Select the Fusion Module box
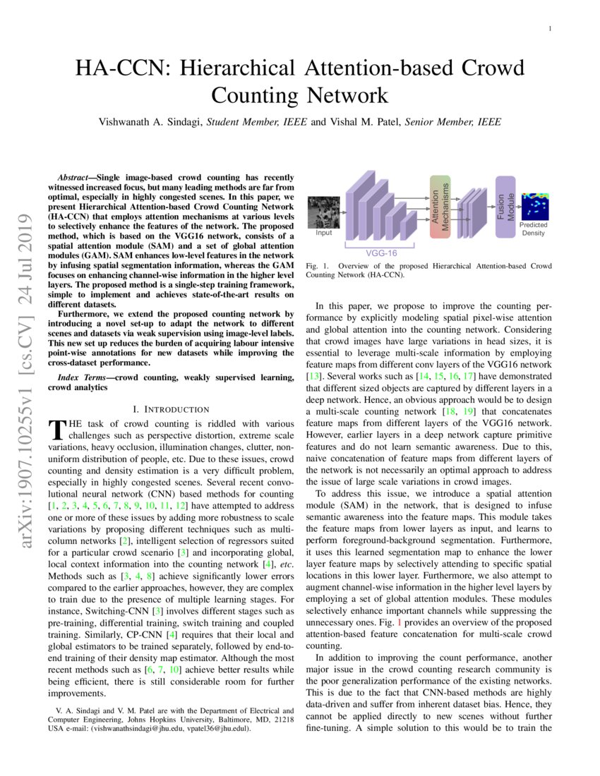coord(505,200)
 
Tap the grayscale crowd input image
coord(323,212)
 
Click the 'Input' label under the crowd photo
coord(323,232)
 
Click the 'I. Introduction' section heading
coord(171,409)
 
